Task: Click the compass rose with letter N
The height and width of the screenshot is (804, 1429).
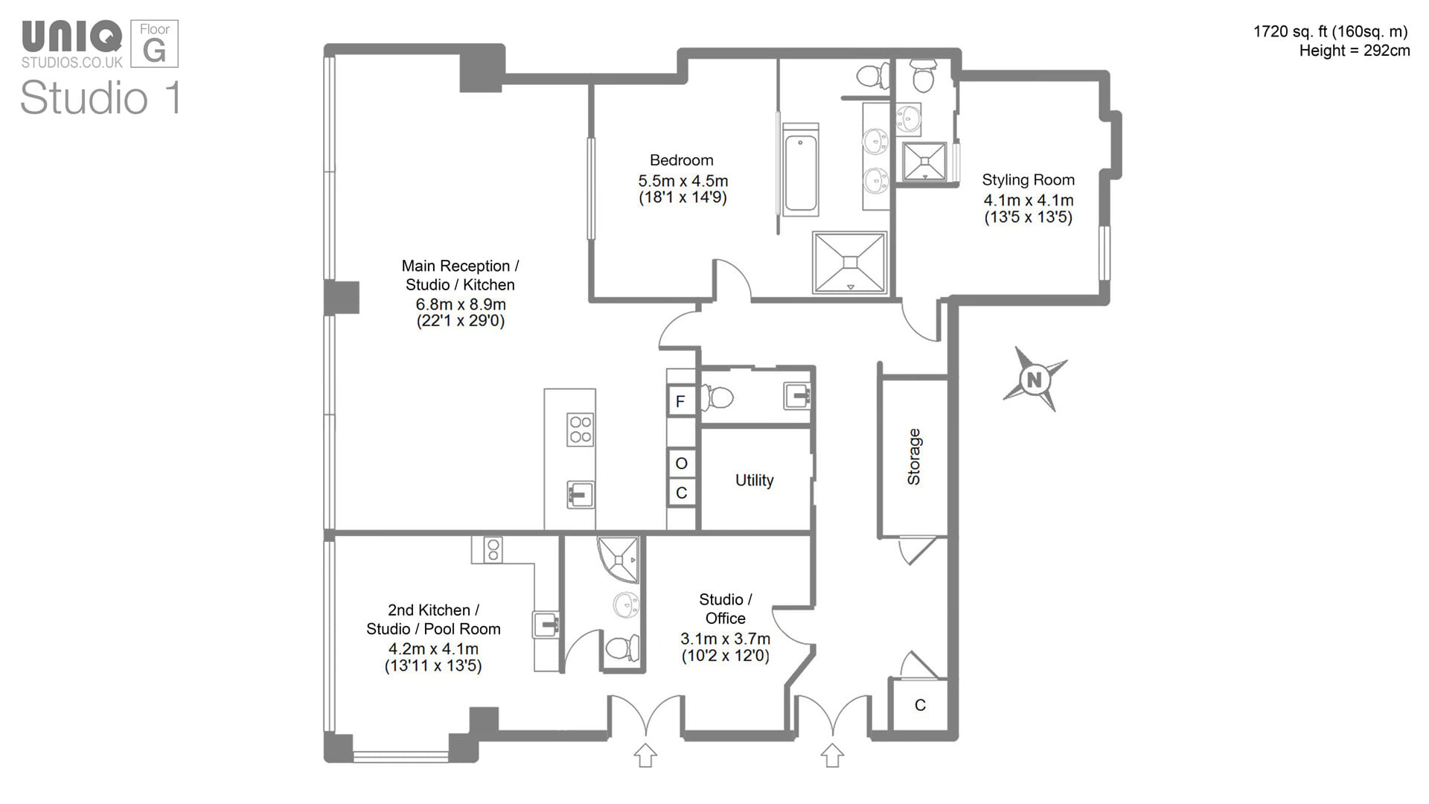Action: coord(1034,380)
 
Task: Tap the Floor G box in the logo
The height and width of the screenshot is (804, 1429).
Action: coord(155,44)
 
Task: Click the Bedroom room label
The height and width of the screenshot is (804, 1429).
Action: coord(681,160)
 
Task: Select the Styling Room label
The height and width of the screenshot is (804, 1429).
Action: coord(1028,179)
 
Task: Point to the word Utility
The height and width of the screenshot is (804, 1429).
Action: coord(754,480)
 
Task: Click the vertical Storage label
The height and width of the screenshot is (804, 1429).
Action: coord(914,457)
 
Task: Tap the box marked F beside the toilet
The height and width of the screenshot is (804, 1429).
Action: coord(680,402)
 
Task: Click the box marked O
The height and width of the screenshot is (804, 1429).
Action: coord(681,463)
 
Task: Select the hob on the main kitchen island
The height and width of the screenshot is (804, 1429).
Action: coord(581,430)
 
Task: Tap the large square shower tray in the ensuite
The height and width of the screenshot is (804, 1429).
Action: coord(850,262)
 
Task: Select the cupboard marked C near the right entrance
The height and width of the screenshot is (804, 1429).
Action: coord(920,705)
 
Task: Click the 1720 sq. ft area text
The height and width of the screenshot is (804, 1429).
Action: coord(1330,31)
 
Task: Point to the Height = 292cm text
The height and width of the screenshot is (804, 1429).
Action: coord(1354,51)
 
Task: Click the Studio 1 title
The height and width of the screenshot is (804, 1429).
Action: coord(100,98)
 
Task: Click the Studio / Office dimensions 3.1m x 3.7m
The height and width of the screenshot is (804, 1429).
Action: coord(725,639)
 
